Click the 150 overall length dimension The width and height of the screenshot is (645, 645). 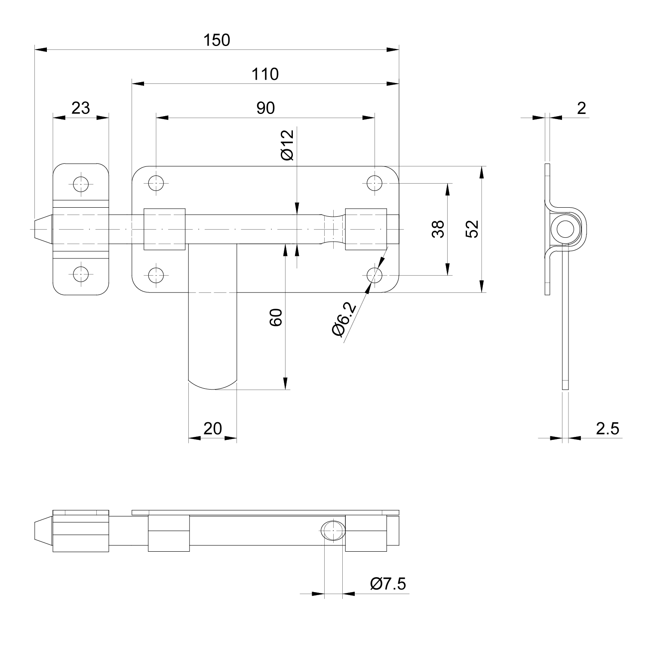click(217, 40)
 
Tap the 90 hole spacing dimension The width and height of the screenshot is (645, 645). click(265, 108)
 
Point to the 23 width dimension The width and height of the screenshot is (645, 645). click(80, 108)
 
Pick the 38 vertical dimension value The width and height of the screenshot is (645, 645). click(438, 229)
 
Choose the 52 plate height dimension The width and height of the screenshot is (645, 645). click(472, 229)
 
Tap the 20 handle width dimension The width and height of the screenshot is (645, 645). click(212, 429)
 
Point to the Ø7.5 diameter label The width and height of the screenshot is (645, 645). click(388, 584)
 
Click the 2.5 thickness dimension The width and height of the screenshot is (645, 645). click(607, 429)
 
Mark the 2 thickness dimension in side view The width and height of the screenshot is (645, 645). click(581, 108)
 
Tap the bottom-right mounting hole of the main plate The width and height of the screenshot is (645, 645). click(375, 274)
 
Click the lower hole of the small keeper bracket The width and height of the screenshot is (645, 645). click(80, 273)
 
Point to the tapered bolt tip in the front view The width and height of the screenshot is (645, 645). click(42, 229)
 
